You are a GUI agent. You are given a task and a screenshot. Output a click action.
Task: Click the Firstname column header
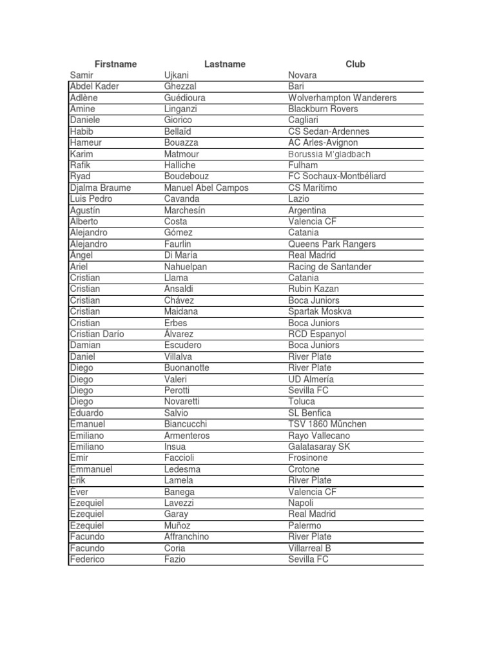[x=115, y=64]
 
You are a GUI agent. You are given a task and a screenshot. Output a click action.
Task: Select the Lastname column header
[x=224, y=64]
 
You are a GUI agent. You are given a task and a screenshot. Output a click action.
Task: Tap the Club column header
[x=355, y=64]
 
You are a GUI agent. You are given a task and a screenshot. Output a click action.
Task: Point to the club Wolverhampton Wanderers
[x=342, y=98]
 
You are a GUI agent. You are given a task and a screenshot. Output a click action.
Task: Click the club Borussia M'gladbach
[x=329, y=154]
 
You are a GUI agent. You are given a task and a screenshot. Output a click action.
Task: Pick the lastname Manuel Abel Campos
[x=206, y=188]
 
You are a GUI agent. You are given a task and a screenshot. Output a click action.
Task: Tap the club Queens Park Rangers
[x=332, y=244]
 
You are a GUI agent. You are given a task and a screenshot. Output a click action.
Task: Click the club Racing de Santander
[x=330, y=267]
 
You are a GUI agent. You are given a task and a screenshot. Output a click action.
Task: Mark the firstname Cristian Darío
[x=97, y=334]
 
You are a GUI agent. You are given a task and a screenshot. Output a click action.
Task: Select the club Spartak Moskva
[x=320, y=311]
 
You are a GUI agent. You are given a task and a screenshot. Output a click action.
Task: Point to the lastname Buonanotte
[x=187, y=368]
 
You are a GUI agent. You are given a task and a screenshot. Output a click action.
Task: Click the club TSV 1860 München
[x=327, y=424]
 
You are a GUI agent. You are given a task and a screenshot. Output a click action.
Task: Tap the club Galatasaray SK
[x=320, y=447]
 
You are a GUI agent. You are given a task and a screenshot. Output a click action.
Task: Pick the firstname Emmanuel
[x=91, y=469]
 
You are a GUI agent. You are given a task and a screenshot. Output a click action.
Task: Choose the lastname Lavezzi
[x=179, y=503]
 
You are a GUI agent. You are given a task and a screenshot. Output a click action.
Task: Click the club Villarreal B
[x=310, y=548]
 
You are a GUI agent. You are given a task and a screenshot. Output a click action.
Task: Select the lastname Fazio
[x=175, y=559]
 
